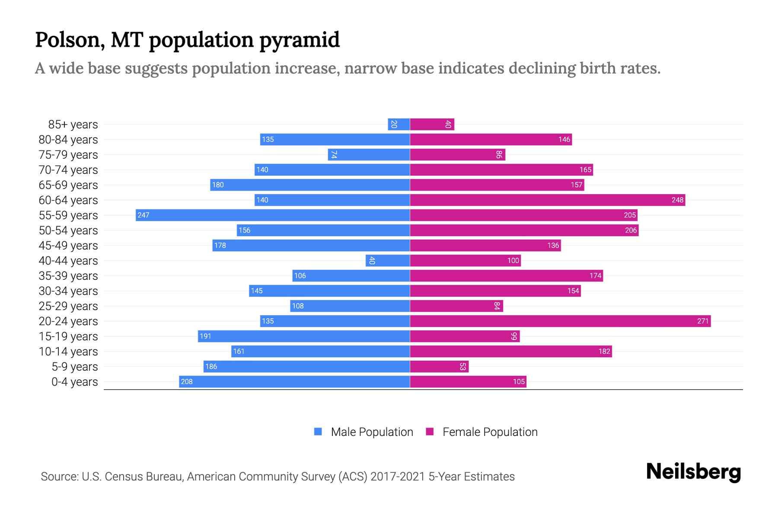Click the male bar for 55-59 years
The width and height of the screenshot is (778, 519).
pyautogui.click(x=272, y=215)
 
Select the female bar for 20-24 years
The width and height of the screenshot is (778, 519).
pyautogui.click(x=560, y=321)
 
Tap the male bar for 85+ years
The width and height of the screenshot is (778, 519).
pyautogui.click(x=399, y=125)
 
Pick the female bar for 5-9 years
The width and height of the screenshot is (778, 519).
pyautogui.click(x=439, y=366)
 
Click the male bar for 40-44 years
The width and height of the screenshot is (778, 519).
pyautogui.click(x=387, y=260)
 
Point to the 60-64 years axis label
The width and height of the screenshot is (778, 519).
pyautogui.click(x=68, y=200)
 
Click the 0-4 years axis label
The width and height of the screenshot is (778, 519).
pyautogui.click(x=74, y=382)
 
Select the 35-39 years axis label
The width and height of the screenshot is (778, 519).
pyautogui.click(x=68, y=276)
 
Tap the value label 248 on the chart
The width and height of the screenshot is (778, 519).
pyautogui.click(x=677, y=200)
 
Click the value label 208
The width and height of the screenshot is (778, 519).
pyautogui.click(x=187, y=381)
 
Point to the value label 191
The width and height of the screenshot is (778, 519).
pyautogui.click(x=205, y=336)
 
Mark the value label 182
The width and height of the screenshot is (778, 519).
pyautogui.click(x=604, y=351)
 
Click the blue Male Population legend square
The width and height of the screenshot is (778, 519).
pyautogui.click(x=318, y=432)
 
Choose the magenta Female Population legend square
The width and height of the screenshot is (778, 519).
pyautogui.click(x=430, y=432)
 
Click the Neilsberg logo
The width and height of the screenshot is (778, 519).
pyautogui.click(x=693, y=472)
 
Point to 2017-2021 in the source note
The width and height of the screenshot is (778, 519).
pyautogui.click(x=398, y=477)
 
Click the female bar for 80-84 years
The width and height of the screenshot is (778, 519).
pyautogui.click(x=491, y=139)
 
